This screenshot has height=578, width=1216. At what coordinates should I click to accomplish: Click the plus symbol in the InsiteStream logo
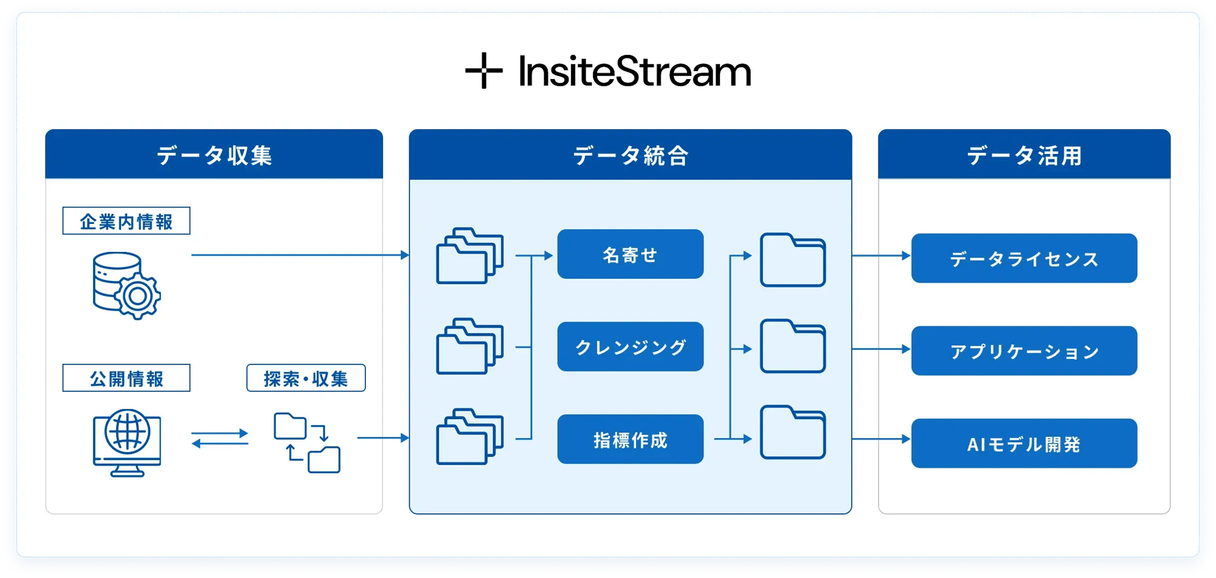click(x=484, y=71)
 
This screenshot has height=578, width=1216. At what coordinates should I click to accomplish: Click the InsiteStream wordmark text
click(x=635, y=72)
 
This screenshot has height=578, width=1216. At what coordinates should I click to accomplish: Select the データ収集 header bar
click(x=214, y=155)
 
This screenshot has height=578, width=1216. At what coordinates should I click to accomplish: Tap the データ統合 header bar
click(x=630, y=155)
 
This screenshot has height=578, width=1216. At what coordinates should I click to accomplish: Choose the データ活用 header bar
click(x=1024, y=155)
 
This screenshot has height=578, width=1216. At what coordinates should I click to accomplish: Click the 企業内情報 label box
click(x=126, y=221)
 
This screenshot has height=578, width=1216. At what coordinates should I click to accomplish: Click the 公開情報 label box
click(x=126, y=378)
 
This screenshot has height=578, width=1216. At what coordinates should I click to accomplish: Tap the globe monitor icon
click(x=127, y=442)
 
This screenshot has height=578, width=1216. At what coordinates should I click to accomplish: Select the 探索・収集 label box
click(x=306, y=378)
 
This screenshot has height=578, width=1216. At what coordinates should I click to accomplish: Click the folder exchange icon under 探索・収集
click(x=307, y=442)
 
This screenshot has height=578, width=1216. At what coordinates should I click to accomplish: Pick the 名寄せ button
click(x=630, y=254)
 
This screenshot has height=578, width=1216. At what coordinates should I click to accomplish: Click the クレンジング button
click(x=630, y=347)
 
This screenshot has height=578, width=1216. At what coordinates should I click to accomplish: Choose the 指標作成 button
click(x=630, y=439)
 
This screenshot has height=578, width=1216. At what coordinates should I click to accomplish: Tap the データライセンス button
click(x=1024, y=259)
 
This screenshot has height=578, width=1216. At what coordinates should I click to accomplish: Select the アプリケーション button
click(x=1024, y=351)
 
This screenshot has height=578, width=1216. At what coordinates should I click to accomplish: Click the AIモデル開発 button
click(x=1024, y=444)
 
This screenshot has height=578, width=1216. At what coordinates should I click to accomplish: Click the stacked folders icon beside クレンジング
click(x=469, y=346)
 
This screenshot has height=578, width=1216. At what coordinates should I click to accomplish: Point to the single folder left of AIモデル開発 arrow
click(x=793, y=433)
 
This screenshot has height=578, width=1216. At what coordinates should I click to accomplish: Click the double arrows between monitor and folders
click(x=220, y=438)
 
